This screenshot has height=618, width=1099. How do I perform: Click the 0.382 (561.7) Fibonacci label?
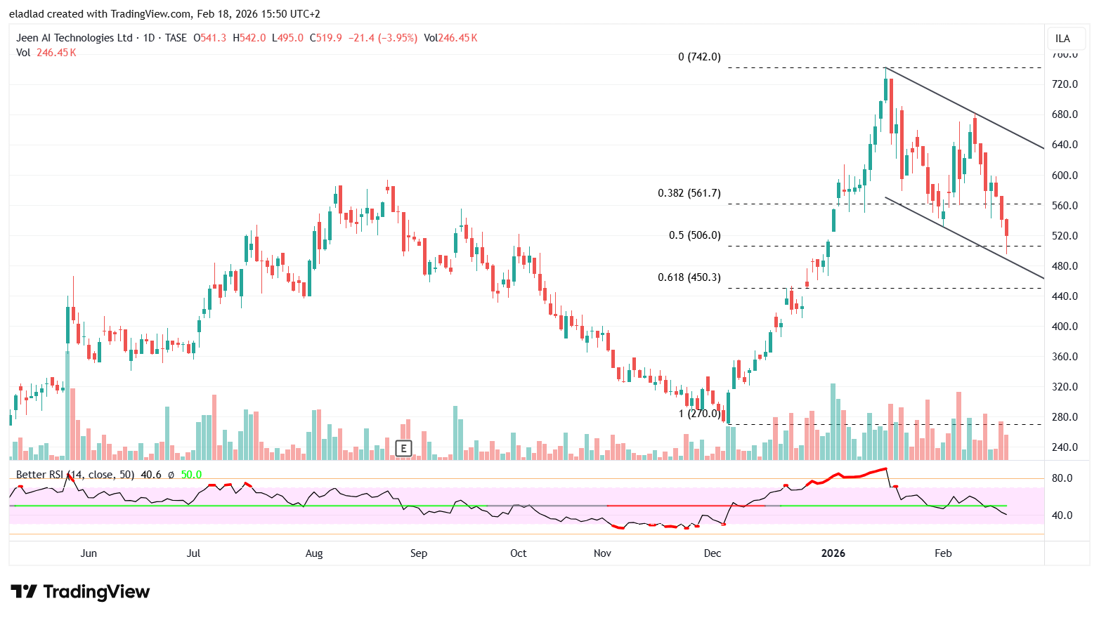coord(689,193)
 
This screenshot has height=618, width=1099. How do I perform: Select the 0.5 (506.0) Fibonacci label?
coord(694,235)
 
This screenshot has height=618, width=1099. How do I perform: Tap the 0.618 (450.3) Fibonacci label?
coord(689,277)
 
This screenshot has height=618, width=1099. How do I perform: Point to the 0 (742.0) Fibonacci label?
coord(699,57)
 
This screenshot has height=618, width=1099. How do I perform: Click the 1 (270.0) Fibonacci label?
coord(699,414)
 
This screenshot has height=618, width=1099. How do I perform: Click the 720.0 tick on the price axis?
coord(1065,84)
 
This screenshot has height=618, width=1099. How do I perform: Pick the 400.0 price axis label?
coord(1065,327)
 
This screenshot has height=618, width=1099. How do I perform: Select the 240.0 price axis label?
coord(1065,447)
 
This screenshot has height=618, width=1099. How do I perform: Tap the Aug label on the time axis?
coord(314,553)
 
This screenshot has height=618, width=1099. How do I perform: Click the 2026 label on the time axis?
coord(833,553)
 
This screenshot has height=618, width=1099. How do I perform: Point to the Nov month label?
coord(602,553)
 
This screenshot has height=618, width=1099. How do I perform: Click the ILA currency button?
coord(1062,39)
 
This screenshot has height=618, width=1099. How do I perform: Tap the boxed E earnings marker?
coord(403,448)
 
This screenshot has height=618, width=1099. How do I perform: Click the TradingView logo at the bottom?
coord(80,592)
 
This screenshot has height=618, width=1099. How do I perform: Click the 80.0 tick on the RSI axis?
coord(1062,478)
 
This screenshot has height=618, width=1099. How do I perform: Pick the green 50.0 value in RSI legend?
coord(191,475)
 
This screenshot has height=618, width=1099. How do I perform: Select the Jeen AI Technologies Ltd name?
coord(74,38)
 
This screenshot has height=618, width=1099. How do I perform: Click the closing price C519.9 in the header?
coord(326,38)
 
